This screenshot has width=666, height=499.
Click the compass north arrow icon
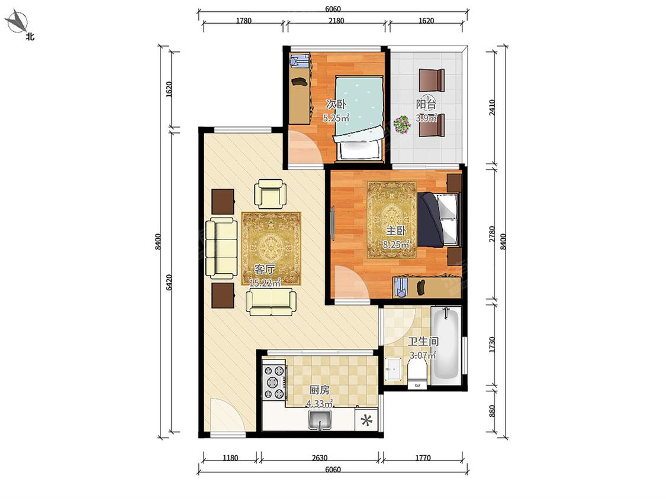17,21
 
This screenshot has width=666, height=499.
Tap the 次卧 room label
336,103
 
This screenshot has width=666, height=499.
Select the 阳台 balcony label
426,105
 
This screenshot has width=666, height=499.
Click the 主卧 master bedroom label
396,231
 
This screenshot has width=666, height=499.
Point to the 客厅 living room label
264,269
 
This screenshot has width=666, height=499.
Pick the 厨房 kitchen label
319,390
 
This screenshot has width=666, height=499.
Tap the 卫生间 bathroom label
423,342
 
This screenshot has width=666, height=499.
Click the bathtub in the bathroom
446,345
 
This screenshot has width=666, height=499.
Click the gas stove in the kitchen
274,383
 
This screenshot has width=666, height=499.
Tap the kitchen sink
320,420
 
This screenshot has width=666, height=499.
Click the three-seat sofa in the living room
221,248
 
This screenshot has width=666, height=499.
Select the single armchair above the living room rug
269,193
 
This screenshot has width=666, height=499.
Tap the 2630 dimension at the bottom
320,458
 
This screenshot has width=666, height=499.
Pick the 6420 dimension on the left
169,283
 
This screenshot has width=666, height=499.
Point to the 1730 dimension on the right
492,345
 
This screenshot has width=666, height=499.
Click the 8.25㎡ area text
396,244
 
